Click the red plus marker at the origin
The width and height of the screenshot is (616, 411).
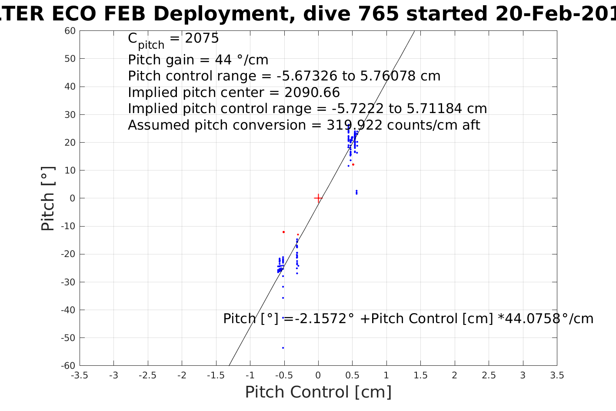pyautogui.click(x=318, y=198)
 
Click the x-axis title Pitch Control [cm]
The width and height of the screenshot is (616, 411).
pyautogui.click(x=318, y=392)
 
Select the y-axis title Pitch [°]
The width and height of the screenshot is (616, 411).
pyautogui.click(x=48, y=198)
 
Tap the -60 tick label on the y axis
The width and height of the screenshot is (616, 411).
pyautogui.click(x=68, y=365)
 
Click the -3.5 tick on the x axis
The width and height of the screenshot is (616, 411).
pyautogui.click(x=80, y=375)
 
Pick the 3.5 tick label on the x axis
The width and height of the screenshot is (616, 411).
pyautogui.click(x=557, y=375)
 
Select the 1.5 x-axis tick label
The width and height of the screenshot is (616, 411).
pyautogui.click(x=420, y=375)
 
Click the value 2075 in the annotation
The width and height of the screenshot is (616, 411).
pyautogui.click(x=202, y=39)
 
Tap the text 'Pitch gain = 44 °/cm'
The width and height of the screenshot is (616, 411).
pyautogui.click(x=198, y=60)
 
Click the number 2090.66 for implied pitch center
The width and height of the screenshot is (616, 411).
pyautogui.click(x=312, y=93)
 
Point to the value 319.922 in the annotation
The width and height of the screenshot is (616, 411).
pyautogui.click(x=355, y=125)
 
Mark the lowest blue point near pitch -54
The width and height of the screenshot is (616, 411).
pyautogui.click(x=283, y=348)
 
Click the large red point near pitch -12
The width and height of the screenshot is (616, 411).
pyautogui.click(x=283, y=232)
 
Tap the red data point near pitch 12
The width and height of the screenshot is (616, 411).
pyautogui.click(x=353, y=164)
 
